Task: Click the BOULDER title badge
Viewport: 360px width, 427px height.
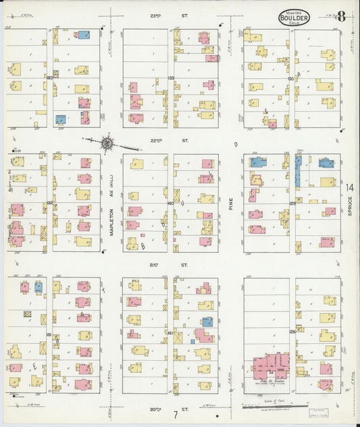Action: pos(293,18)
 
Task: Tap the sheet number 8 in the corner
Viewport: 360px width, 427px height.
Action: pos(342,16)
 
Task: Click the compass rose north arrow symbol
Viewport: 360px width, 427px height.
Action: pos(107,143)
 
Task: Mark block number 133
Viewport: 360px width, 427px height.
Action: pos(50,78)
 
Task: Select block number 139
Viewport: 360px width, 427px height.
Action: pos(171,78)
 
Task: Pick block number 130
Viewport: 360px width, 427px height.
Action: pos(291,78)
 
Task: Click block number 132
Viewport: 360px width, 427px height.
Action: pos(50,202)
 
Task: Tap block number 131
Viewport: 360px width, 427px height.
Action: pos(49,334)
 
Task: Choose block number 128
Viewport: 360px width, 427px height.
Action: pos(292,331)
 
